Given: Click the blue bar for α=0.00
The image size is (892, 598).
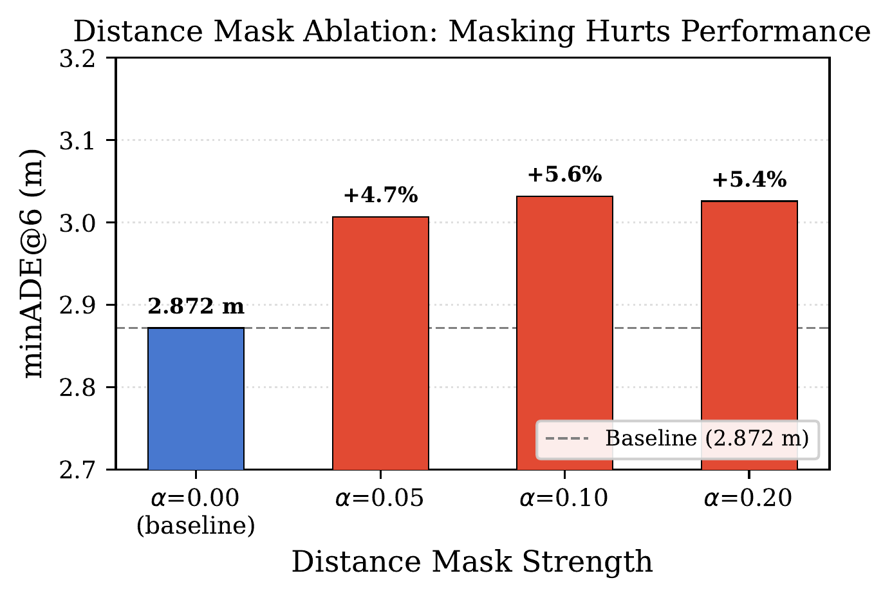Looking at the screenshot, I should point(196,398).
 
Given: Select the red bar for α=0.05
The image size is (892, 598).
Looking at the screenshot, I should point(380,343).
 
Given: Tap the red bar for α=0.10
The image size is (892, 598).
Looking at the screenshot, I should point(564,333).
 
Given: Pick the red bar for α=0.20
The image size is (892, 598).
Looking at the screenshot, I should point(749,335).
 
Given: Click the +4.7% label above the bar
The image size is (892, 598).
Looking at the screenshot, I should point(380,195).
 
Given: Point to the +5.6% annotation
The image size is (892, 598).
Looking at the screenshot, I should point(564,174).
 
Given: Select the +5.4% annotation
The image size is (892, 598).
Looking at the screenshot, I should point(749,180).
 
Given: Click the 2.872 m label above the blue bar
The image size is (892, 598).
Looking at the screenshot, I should point(196,306).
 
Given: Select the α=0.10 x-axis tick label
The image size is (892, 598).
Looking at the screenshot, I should point(564,499).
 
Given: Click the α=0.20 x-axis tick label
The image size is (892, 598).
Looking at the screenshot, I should point(749,499).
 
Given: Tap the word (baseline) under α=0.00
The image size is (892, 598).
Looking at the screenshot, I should point(196,526).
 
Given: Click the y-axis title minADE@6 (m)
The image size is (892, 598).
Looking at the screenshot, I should point(33,264).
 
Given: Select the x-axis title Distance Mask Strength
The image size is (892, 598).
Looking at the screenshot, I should point(472,561).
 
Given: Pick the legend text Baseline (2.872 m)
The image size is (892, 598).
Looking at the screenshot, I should point(707,439).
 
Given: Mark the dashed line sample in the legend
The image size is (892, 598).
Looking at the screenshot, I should point(566,439).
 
